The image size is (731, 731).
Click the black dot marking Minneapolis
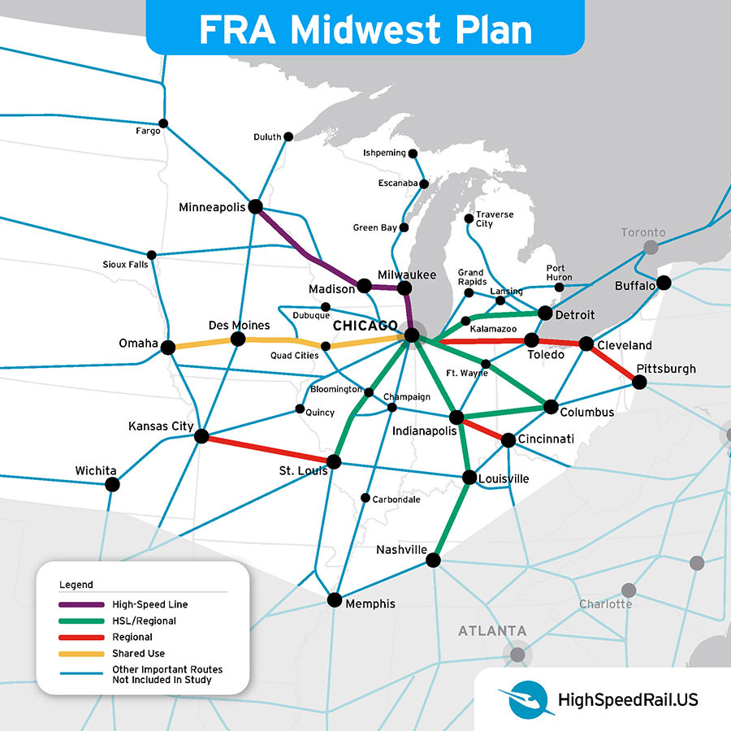point(255,206)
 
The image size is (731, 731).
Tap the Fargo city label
point(148,131)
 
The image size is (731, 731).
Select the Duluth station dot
point(287,137)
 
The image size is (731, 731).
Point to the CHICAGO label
point(365,326)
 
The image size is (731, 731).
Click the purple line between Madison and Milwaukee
point(384,287)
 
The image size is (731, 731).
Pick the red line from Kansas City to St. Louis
point(268,449)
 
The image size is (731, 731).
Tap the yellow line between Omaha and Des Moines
point(203,343)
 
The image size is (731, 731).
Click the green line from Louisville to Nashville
point(451,518)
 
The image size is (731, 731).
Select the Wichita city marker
point(112,484)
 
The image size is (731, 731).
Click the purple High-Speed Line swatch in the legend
point(81,604)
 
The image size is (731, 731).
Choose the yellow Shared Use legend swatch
point(81,653)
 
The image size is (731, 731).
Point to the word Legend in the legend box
point(76,584)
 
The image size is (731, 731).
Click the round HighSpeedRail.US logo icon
point(517,699)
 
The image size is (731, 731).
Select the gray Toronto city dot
point(651,248)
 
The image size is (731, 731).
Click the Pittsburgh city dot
point(641,382)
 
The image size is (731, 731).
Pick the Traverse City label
point(495,219)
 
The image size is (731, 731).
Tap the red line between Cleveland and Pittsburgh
point(614,363)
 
